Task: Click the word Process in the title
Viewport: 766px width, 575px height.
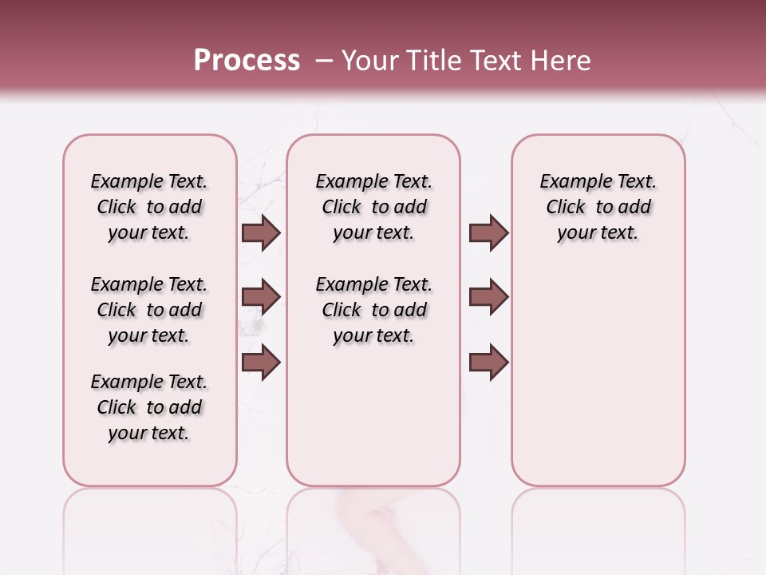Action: coord(247,61)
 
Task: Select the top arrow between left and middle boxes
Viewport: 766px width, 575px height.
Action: coord(261,233)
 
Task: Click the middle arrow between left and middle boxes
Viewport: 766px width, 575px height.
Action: coord(261,297)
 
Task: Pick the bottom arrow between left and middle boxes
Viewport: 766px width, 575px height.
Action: coord(261,362)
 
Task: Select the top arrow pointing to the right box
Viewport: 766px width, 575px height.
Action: coord(488,233)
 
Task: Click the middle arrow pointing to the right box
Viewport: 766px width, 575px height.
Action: coord(488,297)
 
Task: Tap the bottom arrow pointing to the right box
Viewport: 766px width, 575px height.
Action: coord(488,362)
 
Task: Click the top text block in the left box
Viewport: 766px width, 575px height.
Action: coord(149,207)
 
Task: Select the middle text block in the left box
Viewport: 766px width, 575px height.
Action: coord(149,310)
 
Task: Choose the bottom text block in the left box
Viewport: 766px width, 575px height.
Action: coord(149,407)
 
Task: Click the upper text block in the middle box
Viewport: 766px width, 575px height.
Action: coord(373,207)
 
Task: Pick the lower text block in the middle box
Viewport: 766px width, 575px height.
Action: coord(373,310)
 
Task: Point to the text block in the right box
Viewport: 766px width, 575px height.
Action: coord(598,207)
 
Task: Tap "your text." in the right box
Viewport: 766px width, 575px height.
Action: coord(598,233)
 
